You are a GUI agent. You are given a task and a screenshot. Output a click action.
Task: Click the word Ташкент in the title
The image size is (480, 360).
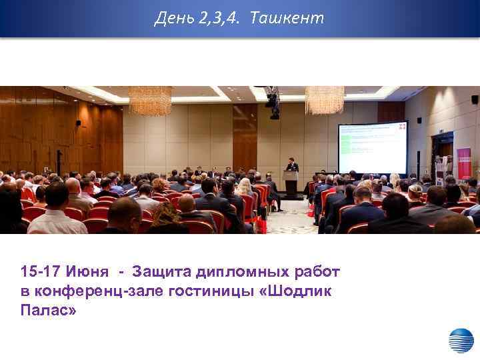[x=287, y=18]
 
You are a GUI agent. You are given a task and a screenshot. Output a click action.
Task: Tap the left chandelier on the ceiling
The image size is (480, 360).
[x=150, y=101]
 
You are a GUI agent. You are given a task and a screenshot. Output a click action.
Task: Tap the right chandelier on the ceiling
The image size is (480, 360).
[x=324, y=100]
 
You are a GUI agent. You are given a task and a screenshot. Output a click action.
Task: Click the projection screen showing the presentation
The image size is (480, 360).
[x=372, y=147]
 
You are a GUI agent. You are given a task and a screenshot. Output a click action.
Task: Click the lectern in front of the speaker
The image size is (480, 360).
[x=291, y=183]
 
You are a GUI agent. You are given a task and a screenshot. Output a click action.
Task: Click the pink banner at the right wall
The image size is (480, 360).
[x=463, y=163]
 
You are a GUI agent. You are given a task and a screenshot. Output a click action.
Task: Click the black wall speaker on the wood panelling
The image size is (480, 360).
[x=78, y=123]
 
